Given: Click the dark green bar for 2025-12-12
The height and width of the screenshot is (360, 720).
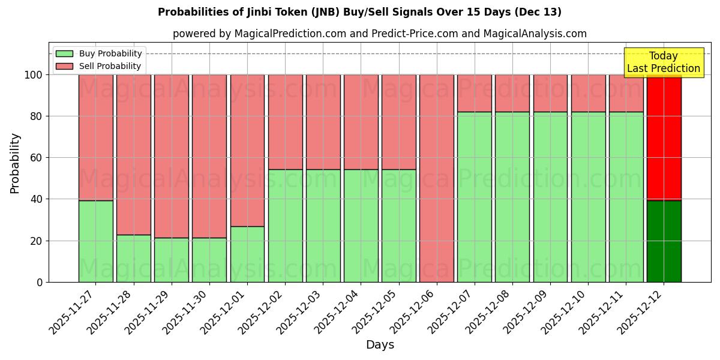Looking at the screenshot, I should point(664,241).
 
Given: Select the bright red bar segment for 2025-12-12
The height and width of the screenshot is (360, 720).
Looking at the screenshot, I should point(664,137).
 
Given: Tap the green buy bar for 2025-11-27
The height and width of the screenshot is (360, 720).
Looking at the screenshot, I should point(95,241).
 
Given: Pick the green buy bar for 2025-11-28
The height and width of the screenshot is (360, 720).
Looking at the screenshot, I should point(133,258).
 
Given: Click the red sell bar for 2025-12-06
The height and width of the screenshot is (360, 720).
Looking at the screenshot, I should point(436,178).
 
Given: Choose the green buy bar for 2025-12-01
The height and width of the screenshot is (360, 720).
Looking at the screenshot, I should point(247,254).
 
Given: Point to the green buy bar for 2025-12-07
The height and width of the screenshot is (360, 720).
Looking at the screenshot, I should point(474,197).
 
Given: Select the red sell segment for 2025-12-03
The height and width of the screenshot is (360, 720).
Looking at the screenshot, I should point(323,122).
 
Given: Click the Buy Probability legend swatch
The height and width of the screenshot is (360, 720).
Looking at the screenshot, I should point(64,54).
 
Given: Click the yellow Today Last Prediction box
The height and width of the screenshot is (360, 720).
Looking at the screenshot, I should point(664,62).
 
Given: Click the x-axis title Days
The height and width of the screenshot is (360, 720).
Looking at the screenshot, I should point(380,345).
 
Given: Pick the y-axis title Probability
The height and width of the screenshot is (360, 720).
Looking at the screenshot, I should point(15,163).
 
